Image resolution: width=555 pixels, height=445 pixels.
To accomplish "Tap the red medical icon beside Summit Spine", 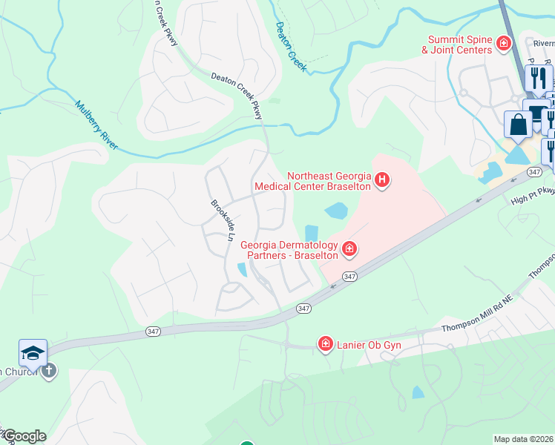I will (504, 44).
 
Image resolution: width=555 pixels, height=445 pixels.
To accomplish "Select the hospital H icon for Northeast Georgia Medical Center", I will (382, 180).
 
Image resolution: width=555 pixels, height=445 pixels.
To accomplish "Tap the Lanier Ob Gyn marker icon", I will (325, 343).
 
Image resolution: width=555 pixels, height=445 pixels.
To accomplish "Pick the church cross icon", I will (49, 371).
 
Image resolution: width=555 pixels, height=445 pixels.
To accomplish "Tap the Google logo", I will (24, 436).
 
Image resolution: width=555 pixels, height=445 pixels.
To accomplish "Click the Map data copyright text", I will (523, 439).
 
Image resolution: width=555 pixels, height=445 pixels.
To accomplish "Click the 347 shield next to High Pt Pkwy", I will (533, 171).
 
